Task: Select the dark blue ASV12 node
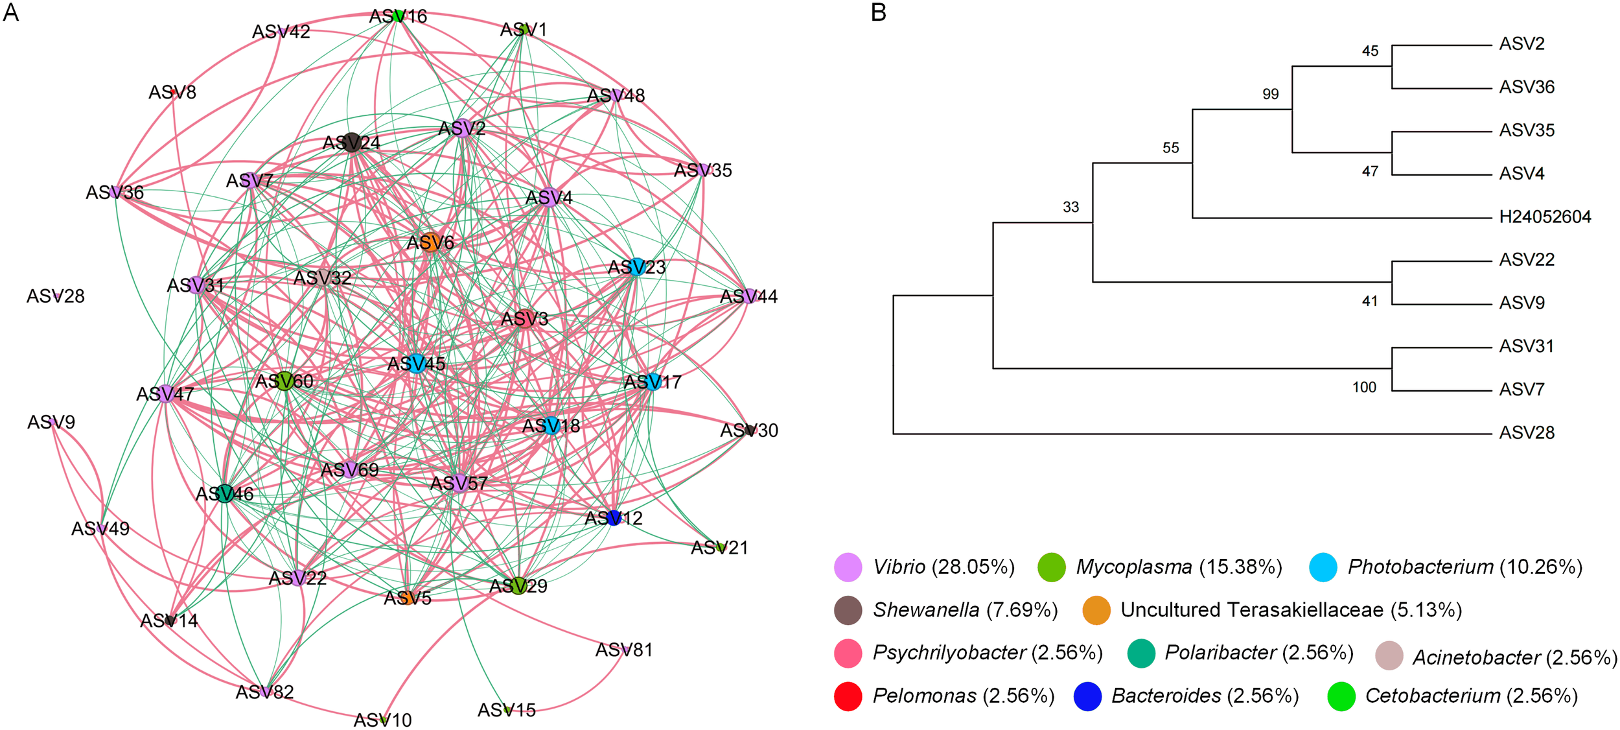click(x=614, y=517)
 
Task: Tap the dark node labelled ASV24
click(x=352, y=142)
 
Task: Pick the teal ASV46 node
click(x=225, y=493)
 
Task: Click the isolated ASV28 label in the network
click(x=55, y=296)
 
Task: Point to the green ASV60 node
click(x=285, y=381)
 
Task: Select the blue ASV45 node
click(x=417, y=364)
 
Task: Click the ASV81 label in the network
click(x=624, y=650)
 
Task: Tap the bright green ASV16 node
click(x=399, y=16)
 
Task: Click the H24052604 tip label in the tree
click(x=1545, y=217)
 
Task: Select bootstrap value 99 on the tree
click(x=1270, y=95)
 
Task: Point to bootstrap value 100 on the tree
click(x=1364, y=388)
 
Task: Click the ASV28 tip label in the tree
click(x=1527, y=432)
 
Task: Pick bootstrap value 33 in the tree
click(x=1070, y=207)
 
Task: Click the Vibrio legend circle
click(x=848, y=567)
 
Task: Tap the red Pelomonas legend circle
click(x=848, y=696)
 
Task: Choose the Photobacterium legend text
click(x=1464, y=567)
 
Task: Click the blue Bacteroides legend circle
click(x=1087, y=696)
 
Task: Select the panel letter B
click(x=879, y=12)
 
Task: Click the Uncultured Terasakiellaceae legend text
click(x=1291, y=610)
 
